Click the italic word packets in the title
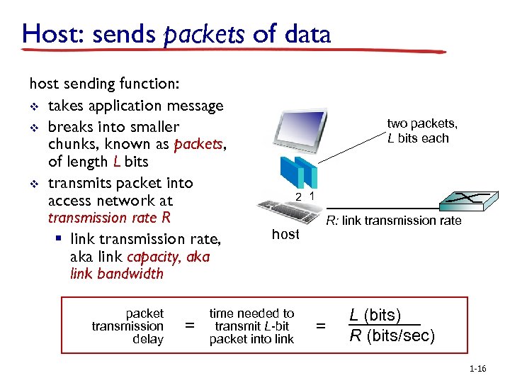[205, 34]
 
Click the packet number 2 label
[298, 196]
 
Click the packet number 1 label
[312, 194]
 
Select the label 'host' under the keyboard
[285, 234]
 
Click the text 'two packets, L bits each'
[421, 131]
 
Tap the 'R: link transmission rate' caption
[393, 221]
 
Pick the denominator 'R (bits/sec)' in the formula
[392, 335]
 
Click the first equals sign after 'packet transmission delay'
[189, 326]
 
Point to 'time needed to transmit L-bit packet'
[251, 326]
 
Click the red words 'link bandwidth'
[116, 274]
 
